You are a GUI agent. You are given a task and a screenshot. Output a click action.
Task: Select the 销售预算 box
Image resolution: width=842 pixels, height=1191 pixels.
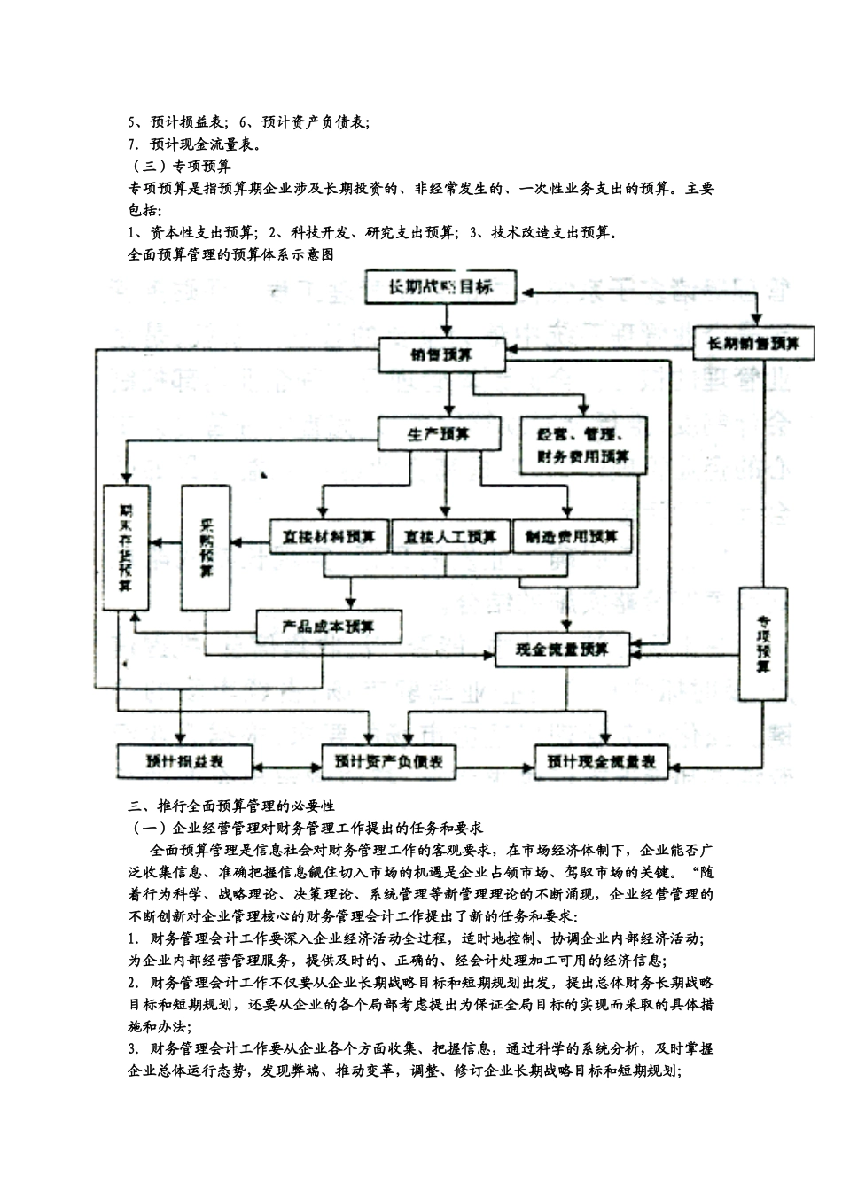441,355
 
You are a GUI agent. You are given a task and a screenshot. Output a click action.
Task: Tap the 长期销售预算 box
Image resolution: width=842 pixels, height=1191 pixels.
753,342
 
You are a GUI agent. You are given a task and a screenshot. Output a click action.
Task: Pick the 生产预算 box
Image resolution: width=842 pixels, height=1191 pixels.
439,434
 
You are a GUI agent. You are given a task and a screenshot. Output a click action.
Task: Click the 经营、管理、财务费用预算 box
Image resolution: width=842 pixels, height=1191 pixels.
583,446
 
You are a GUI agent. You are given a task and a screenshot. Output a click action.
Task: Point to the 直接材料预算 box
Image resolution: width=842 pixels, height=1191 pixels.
327,537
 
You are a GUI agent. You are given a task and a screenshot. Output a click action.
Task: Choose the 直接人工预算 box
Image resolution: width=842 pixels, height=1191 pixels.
450,537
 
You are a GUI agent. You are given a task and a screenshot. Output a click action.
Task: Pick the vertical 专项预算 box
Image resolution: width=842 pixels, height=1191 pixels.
762,642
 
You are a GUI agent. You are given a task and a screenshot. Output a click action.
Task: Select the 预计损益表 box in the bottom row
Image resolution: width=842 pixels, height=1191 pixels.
184,760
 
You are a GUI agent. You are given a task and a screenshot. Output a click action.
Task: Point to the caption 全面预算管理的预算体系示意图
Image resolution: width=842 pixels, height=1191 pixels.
230,254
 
